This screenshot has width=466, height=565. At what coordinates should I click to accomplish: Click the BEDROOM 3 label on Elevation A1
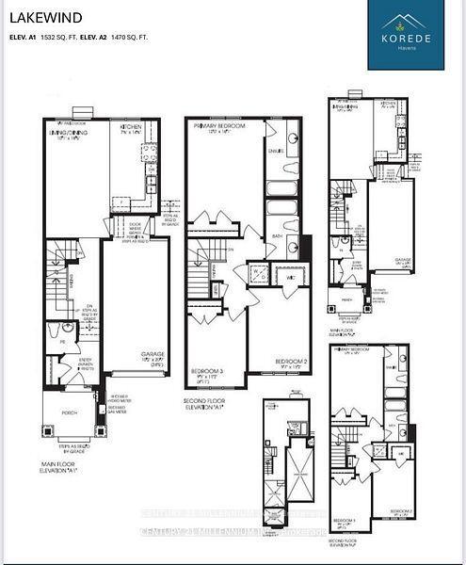tap(206, 370)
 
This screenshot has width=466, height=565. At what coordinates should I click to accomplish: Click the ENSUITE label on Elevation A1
tap(276, 150)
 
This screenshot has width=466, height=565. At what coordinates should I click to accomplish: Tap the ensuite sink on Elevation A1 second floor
tap(292, 139)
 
